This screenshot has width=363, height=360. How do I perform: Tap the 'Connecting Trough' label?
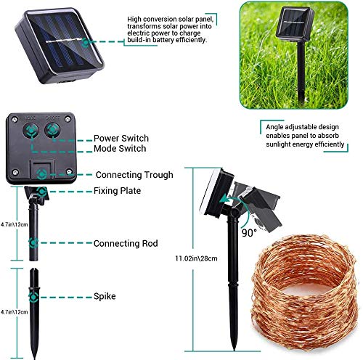pyautogui.click(x=134, y=175)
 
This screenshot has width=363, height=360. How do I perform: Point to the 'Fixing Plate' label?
pyautogui.click(x=117, y=191)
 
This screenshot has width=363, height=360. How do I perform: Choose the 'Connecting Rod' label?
pyautogui.click(x=125, y=243)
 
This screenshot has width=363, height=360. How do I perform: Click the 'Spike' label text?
pyautogui.click(x=104, y=297)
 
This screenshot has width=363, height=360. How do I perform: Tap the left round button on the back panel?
pyautogui.click(x=31, y=131)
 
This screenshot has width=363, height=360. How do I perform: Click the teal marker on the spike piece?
pyautogui.click(x=32, y=297)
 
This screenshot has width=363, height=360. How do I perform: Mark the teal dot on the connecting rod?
pyautogui.click(x=33, y=243)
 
